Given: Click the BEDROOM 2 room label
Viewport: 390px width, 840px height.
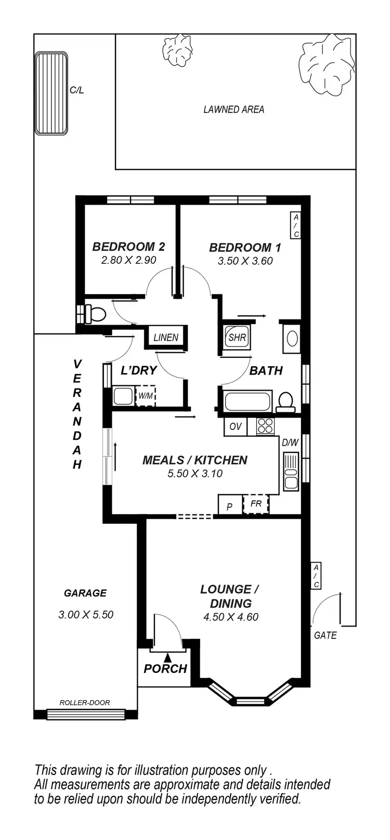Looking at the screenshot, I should [x=128, y=247].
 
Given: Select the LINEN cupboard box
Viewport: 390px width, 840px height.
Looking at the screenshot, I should [x=166, y=338].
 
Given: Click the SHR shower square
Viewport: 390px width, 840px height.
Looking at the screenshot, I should [x=237, y=337].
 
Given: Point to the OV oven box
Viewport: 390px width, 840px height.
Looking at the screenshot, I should [x=236, y=426].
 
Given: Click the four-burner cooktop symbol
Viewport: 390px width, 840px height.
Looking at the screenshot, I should [x=265, y=426].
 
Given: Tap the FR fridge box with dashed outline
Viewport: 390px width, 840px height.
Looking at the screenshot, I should [x=256, y=504].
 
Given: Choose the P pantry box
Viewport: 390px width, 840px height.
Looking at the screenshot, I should [x=230, y=505].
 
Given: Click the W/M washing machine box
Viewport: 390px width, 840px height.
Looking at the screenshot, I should [x=145, y=396].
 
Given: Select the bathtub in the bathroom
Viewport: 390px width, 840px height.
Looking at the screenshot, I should [x=248, y=402].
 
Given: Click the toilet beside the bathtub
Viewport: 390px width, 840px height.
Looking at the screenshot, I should [x=285, y=401].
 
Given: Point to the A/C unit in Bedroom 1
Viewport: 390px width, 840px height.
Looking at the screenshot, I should [x=295, y=225].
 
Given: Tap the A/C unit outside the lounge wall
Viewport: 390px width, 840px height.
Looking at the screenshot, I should [x=316, y=576].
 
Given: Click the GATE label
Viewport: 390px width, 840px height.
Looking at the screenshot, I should [x=326, y=635].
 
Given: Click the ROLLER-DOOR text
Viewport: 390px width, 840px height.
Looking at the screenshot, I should [x=85, y=702].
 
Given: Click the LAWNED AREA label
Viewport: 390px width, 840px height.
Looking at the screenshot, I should [x=233, y=110].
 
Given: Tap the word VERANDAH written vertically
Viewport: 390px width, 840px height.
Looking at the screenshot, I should [x=77, y=414].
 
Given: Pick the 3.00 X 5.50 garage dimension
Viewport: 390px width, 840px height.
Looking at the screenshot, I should [x=86, y=615].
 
